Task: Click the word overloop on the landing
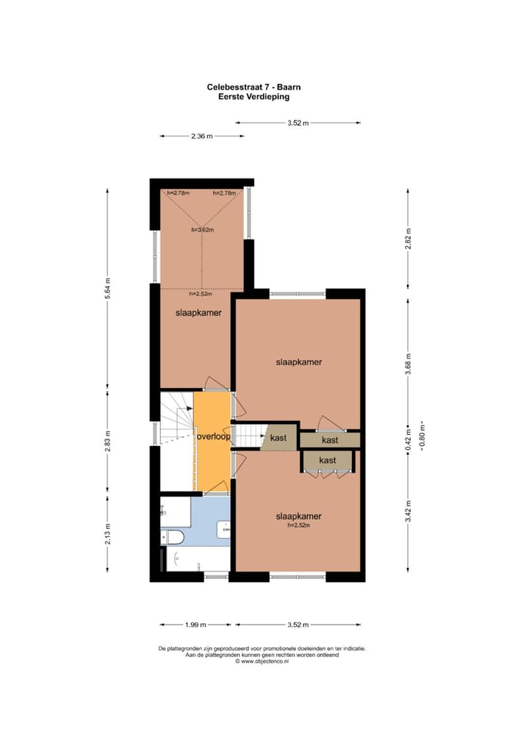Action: (x=214, y=436)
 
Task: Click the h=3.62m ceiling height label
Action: (x=202, y=229)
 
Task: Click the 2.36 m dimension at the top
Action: (x=201, y=136)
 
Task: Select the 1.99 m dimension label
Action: (x=195, y=625)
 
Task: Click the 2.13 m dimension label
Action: (x=108, y=534)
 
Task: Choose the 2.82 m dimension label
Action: (x=409, y=239)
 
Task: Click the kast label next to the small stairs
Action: (x=278, y=438)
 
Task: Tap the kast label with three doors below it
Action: (x=328, y=460)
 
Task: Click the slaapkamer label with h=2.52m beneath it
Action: (x=298, y=516)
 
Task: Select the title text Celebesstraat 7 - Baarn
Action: (x=253, y=87)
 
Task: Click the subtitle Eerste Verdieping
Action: (x=253, y=96)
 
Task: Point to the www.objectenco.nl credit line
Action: (x=262, y=661)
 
